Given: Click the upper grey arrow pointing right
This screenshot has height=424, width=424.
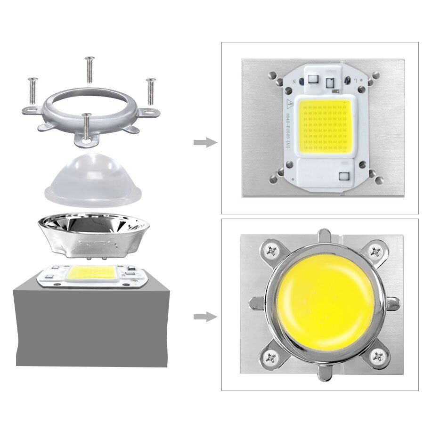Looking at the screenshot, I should click(x=205, y=143).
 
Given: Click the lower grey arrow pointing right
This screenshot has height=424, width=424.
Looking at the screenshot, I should click(x=205, y=317).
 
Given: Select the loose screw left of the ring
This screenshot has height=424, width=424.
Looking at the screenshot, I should click(x=33, y=91).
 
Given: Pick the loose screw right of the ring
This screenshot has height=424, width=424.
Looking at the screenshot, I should click(x=151, y=91).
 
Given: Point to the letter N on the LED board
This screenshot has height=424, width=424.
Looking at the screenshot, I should click(x=294, y=82).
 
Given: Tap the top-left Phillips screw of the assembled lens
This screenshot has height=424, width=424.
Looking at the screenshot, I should click(x=273, y=250).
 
